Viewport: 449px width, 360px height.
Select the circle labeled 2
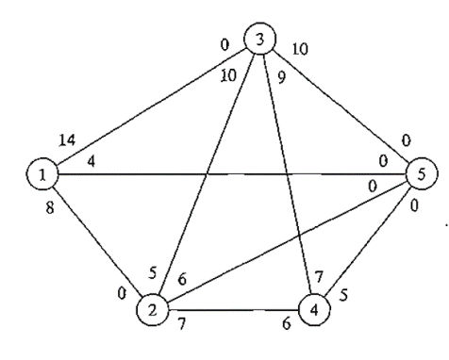click(x=151, y=308)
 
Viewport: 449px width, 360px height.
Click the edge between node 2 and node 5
click(x=283, y=241)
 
